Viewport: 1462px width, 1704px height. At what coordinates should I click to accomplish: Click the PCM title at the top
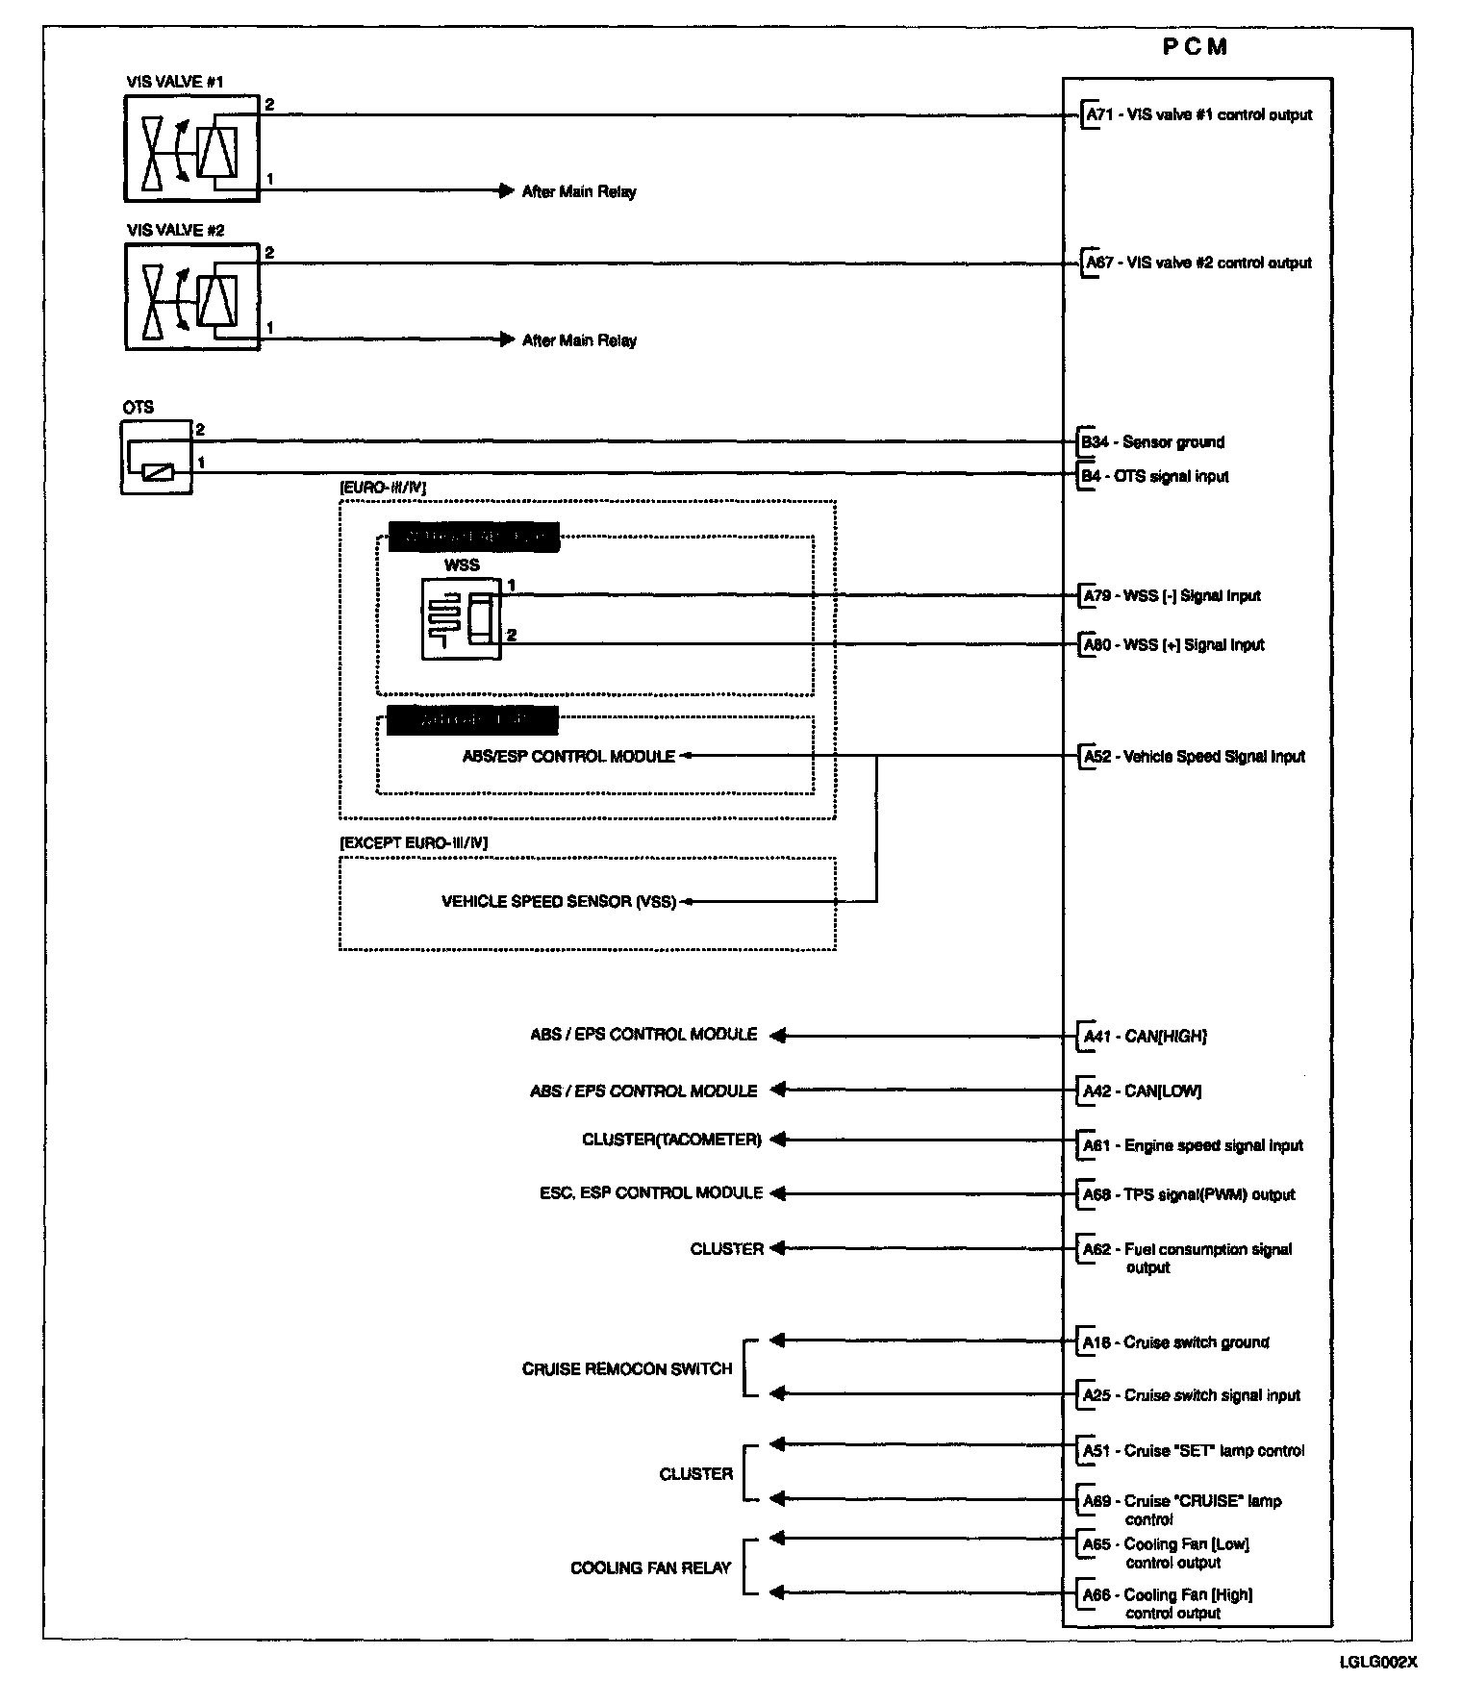(x=1195, y=47)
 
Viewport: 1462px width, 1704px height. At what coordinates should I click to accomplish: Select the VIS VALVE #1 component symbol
(x=191, y=148)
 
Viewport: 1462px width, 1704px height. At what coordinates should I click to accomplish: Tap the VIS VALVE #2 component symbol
(x=191, y=296)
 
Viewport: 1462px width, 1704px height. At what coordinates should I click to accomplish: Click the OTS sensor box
(x=157, y=457)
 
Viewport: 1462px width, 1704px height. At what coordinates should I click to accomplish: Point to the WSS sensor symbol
(x=462, y=618)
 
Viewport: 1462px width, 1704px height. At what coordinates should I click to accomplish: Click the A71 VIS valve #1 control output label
(x=1198, y=115)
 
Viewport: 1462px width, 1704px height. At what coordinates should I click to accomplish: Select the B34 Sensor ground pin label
(x=1152, y=442)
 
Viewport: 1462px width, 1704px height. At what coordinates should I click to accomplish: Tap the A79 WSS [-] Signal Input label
(x=1172, y=596)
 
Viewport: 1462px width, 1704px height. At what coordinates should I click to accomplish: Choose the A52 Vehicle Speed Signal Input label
(x=1194, y=757)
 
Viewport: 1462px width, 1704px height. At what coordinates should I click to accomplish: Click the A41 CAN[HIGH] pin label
(x=1145, y=1037)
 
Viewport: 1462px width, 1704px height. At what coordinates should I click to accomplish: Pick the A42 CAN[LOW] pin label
(x=1142, y=1091)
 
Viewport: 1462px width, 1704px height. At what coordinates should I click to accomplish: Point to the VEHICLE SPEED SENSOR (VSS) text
(x=559, y=902)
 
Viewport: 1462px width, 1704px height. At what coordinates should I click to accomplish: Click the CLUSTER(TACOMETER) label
(x=671, y=1140)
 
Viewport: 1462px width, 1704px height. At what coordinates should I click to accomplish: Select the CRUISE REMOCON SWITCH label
(x=627, y=1368)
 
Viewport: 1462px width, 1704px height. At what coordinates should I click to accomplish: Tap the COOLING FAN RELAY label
(x=651, y=1567)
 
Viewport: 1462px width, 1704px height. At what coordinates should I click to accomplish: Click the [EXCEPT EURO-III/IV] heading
(x=414, y=843)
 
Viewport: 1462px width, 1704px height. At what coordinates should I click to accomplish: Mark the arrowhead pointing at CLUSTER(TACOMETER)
(x=778, y=1140)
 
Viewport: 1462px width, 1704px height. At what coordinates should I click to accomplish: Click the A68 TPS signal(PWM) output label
(x=1189, y=1195)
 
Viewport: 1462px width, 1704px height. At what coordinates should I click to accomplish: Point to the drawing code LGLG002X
(x=1378, y=1661)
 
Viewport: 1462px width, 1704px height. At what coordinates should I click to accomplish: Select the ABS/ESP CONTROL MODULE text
(x=568, y=757)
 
